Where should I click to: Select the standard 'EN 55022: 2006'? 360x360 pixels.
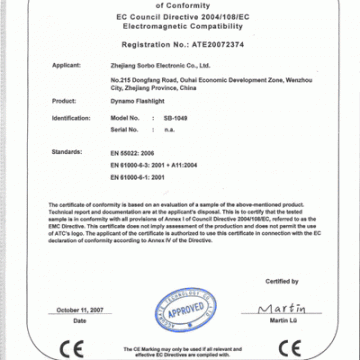click(x=128, y=151)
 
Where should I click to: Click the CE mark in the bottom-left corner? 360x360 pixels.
click(x=68, y=348)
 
